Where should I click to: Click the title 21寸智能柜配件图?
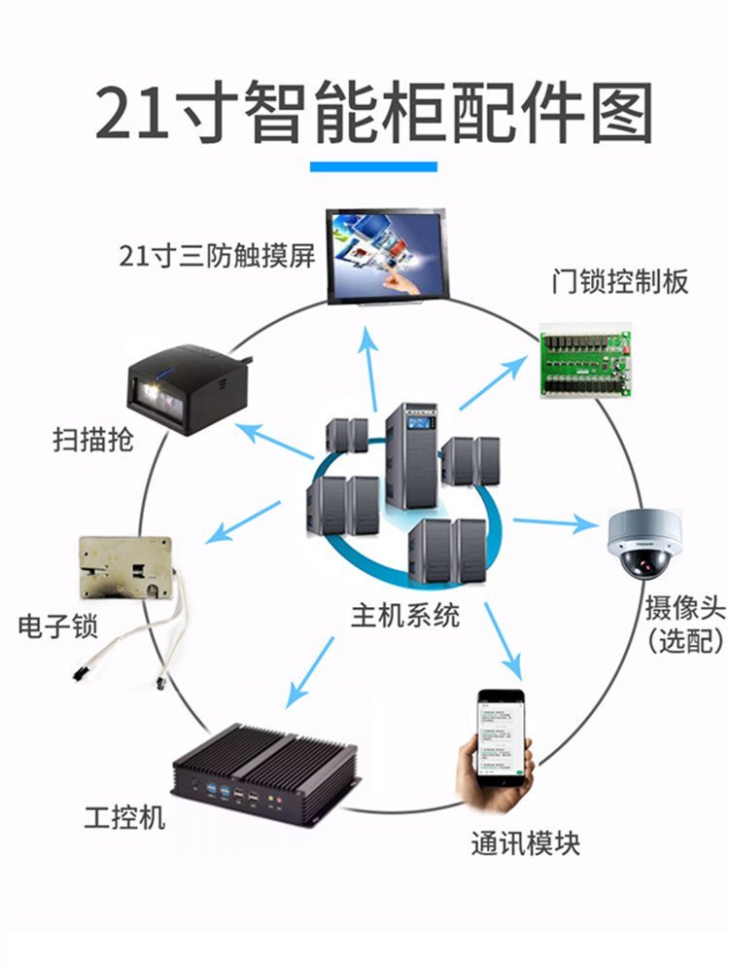tap(373, 115)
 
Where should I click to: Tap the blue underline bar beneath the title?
tap(373, 167)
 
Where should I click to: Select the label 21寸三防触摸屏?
tap(217, 257)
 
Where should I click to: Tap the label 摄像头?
tap(685, 610)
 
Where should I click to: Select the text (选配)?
tap(685, 641)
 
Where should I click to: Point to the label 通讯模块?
tap(525, 842)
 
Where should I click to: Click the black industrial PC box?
tap(263, 774)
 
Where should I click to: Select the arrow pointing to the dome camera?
tap(554, 523)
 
